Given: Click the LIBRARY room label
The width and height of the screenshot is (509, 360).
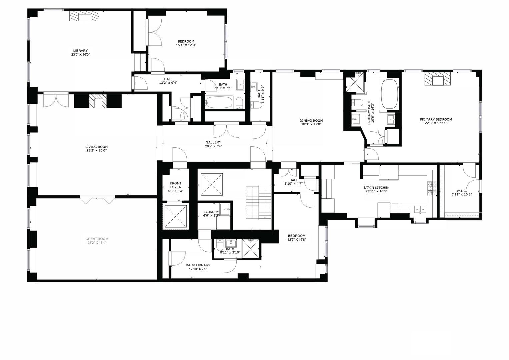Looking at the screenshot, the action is [80, 50].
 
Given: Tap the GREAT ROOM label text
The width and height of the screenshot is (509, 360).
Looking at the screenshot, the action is [97, 239].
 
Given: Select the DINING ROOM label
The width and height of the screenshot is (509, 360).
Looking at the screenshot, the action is [311, 121].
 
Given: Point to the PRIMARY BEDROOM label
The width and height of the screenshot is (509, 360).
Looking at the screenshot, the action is [436, 119].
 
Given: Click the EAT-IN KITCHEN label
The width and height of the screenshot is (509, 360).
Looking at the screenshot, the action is [376, 187].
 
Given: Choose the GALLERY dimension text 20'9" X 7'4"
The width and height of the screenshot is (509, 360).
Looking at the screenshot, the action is [213, 146].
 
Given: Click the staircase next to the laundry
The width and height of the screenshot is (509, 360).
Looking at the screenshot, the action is [259, 202].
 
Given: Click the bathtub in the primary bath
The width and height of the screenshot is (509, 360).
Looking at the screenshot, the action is [390, 94].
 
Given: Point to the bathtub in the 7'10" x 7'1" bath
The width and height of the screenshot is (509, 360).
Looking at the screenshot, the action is [219, 103].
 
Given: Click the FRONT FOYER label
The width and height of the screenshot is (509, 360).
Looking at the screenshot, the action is [175, 185].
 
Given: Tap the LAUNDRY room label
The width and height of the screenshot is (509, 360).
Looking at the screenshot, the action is [211, 212].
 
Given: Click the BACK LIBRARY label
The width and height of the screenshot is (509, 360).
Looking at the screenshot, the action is [198, 265].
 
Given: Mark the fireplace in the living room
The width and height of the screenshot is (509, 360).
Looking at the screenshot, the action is [98, 101].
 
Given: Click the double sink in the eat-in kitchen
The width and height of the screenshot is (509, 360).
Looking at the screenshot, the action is [420, 209].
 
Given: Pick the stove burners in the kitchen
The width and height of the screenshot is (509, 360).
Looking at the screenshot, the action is [430, 189].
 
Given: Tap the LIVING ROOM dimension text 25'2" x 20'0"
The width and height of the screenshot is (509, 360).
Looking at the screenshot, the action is [96, 150].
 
